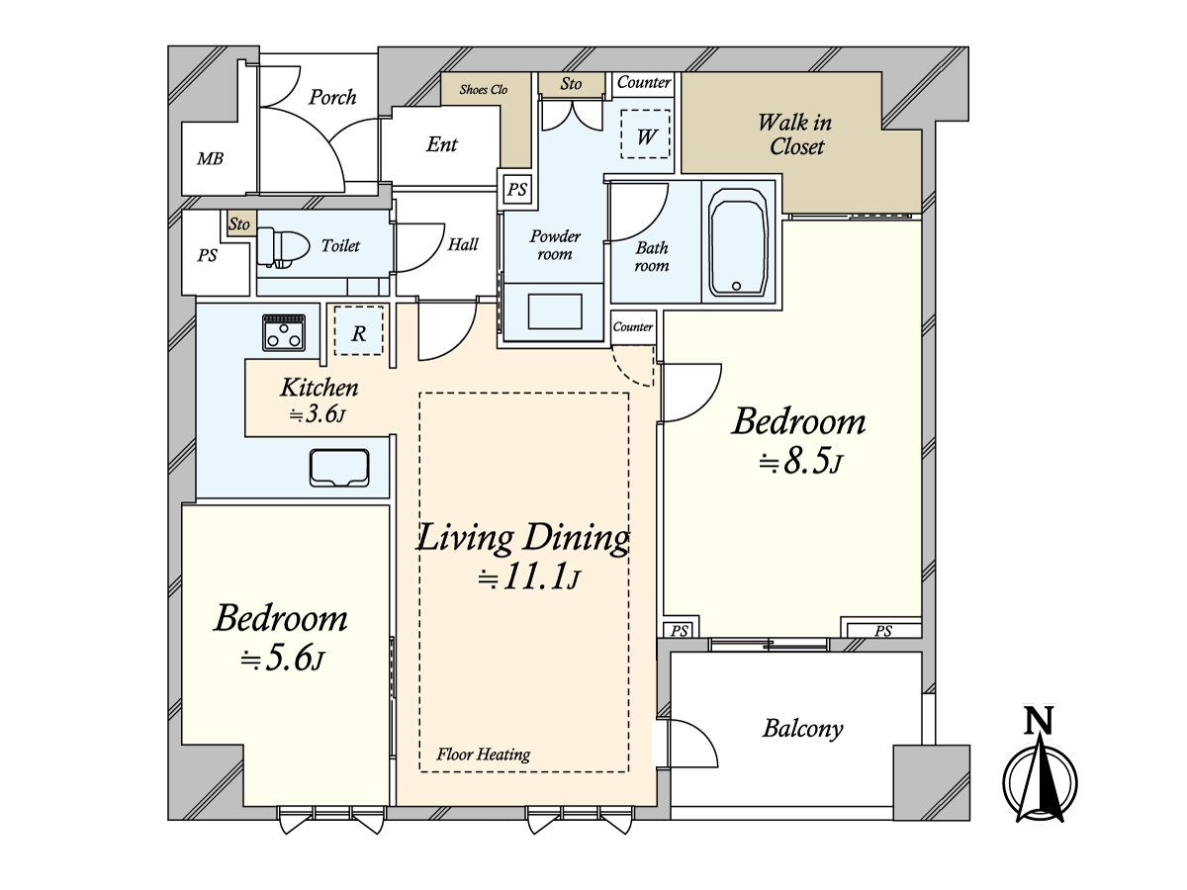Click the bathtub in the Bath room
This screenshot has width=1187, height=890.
pos(739,241)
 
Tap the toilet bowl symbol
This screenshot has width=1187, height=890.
pos(282,247)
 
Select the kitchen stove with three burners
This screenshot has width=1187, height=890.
pos(284,332)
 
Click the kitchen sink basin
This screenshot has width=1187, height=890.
pos(339,468)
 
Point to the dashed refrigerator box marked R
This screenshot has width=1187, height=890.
pos(358,330)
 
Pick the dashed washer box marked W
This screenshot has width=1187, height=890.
pos(645,134)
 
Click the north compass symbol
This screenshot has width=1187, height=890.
pos(1040,771)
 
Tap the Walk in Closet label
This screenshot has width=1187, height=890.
pos(795,134)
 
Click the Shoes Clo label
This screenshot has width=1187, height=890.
pos(484,90)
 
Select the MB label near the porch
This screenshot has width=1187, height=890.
pos(211,159)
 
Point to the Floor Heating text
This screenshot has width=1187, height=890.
pos(484,755)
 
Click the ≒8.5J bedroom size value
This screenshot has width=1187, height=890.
pos(801,463)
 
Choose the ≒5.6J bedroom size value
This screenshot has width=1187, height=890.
pos(282,659)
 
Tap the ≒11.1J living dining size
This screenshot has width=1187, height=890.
pos(529,578)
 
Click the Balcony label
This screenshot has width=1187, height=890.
pos(803,730)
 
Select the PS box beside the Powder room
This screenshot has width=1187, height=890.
pos(517,190)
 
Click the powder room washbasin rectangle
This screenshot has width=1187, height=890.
pos(555,311)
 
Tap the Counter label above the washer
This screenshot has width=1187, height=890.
pos(644,82)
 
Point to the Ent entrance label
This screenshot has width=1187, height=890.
pos(442,144)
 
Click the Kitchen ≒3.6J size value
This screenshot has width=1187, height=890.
pos(318,415)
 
